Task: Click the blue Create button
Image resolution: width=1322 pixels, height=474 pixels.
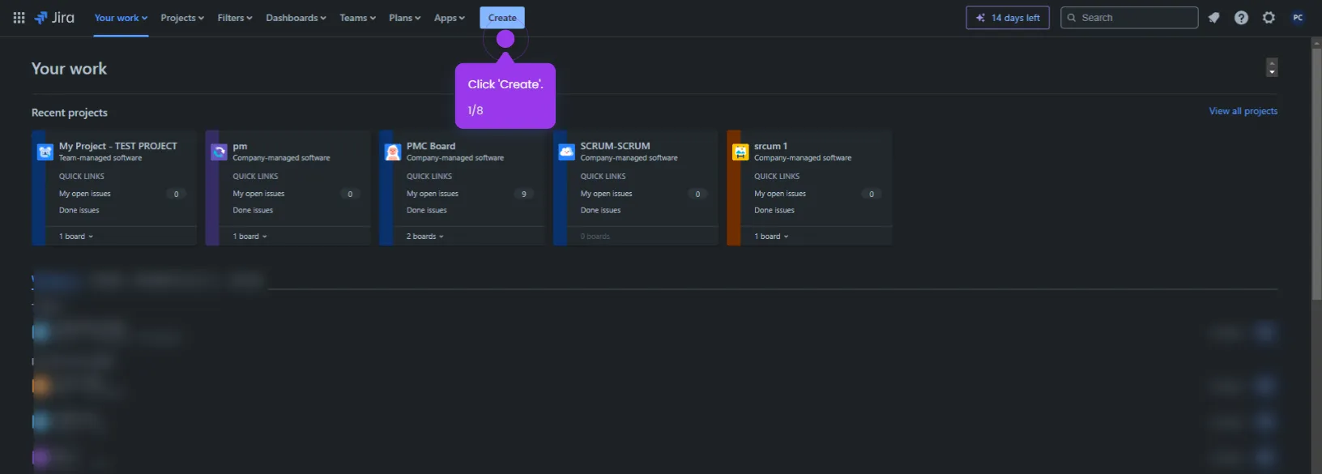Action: [502, 18]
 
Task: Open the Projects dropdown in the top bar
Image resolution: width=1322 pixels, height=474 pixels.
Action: [181, 18]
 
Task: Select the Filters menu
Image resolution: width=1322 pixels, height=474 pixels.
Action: [234, 18]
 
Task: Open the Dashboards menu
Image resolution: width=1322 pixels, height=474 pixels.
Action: [296, 18]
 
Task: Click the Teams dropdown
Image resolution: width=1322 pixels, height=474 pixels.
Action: [357, 18]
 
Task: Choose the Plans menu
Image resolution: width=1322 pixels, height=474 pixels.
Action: [404, 18]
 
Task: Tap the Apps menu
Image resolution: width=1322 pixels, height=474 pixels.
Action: [449, 18]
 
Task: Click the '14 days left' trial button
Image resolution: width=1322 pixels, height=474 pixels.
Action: [1008, 18]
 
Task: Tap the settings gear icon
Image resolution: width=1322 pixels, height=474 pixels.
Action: [1269, 18]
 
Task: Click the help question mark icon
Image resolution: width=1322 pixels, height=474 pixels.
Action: [1241, 18]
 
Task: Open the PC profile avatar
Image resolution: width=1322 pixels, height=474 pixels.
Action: [1298, 18]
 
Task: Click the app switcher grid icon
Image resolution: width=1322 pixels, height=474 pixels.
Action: [19, 18]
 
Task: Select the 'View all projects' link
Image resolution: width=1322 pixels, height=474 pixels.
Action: [1243, 111]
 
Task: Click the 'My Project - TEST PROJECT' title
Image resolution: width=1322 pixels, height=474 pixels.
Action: [118, 146]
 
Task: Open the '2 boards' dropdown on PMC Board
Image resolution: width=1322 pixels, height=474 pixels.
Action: [424, 237]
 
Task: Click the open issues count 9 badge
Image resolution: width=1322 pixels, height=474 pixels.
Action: [523, 194]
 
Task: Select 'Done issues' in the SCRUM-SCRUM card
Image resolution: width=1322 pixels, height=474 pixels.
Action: [600, 210]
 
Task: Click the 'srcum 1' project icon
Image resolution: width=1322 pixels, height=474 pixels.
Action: [740, 152]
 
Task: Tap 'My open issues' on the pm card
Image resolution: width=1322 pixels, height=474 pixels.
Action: [258, 194]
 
